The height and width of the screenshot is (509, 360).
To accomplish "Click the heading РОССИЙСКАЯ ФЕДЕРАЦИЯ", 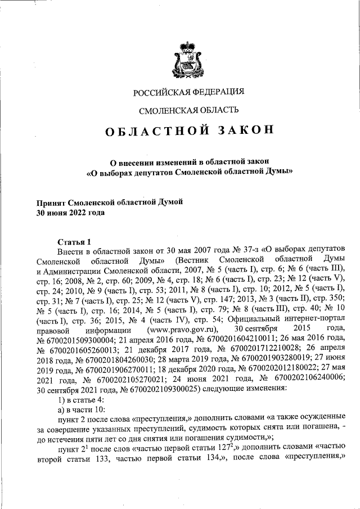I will pos(188,92).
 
